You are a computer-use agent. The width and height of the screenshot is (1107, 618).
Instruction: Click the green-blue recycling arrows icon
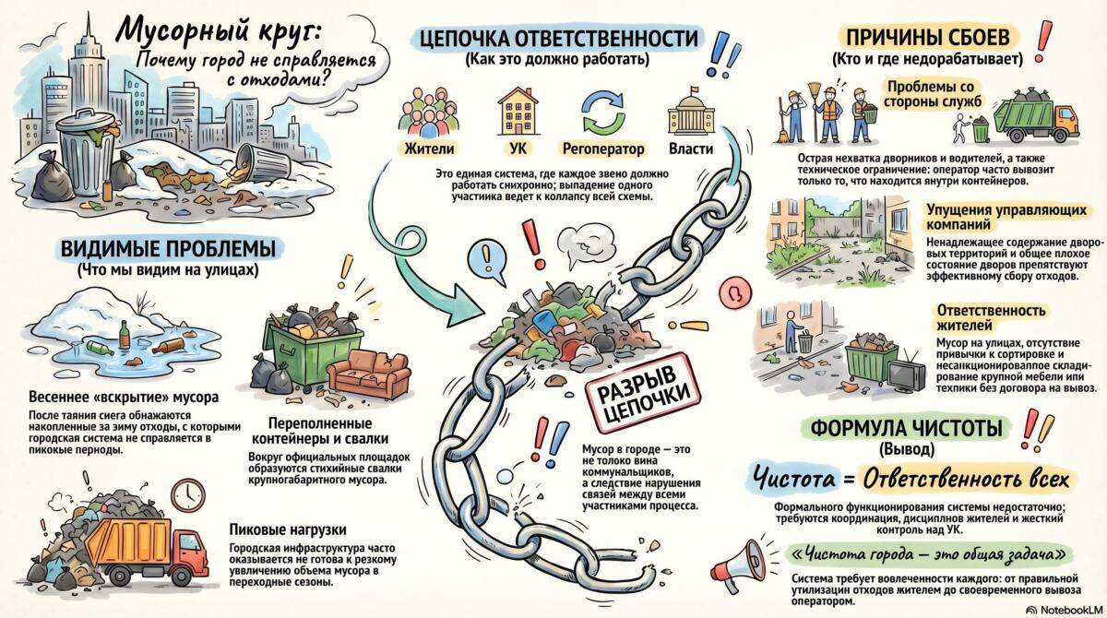click(x=602, y=111)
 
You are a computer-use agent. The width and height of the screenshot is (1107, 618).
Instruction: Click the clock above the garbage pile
click(x=188, y=493)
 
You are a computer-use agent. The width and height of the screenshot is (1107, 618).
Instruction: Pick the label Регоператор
click(x=602, y=149)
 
